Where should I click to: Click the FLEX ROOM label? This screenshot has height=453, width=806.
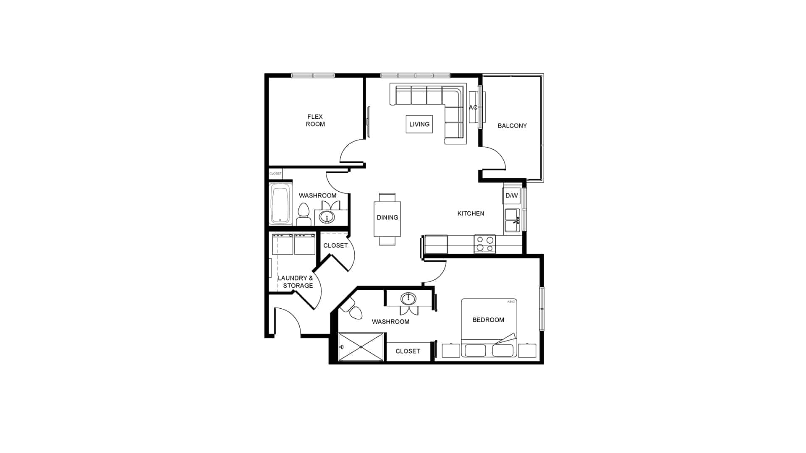point(315,120)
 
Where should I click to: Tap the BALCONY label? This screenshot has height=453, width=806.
point(512,126)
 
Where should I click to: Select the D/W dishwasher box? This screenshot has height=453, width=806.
point(512,195)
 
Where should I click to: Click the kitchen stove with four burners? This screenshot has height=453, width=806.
point(485,244)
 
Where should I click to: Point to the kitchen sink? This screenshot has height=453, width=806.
point(512,220)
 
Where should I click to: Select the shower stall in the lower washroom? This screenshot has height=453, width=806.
point(361,347)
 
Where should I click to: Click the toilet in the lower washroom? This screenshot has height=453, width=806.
point(352,310)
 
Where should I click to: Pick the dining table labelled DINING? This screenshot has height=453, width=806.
point(387,219)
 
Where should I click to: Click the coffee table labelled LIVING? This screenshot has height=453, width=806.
point(419,124)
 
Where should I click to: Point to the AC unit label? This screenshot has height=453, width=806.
point(473,107)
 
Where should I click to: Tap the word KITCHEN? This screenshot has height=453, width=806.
point(471,213)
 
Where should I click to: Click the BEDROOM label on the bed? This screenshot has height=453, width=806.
point(488,320)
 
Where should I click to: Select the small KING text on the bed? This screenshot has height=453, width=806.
point(511,302)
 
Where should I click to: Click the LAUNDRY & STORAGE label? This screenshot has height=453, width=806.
point(296,282)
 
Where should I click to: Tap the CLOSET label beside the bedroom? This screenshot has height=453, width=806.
point(408,351)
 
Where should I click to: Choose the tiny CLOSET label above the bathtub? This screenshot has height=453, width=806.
point(275,173)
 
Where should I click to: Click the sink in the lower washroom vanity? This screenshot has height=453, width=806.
point(408,299)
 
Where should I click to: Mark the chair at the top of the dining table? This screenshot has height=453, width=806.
point(387,198)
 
